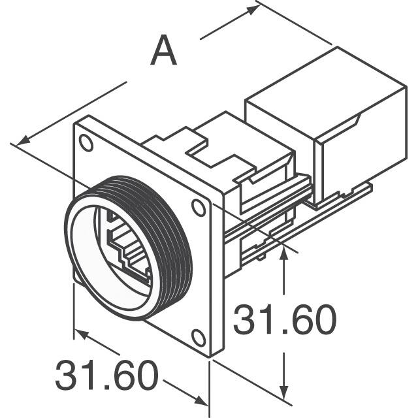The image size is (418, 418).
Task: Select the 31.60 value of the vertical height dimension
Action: pyautogui.click(x=284, y=320)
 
